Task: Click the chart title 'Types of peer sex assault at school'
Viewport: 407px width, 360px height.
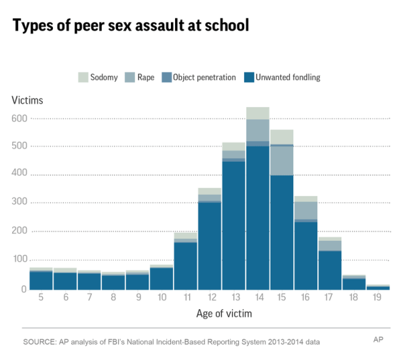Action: click(131, 26)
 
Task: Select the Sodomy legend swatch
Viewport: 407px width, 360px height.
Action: click(84, 77)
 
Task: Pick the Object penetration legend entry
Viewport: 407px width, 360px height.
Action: click(197, 77)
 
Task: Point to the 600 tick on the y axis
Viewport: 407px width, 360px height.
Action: click(19, 119)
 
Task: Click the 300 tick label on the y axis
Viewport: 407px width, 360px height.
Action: click(19, 202)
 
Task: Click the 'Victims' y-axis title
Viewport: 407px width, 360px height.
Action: click(27, 100)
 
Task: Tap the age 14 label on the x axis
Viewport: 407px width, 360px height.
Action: click(258, 297)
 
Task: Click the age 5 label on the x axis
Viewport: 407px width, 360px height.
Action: click(41, 297)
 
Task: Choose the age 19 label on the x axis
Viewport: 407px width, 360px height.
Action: click(379, 297)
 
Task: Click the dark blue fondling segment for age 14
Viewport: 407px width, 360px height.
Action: click(258, 217)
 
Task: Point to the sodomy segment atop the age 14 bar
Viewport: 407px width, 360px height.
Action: click(258, 113)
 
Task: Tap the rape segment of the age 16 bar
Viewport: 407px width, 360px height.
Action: click(306, 210)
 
